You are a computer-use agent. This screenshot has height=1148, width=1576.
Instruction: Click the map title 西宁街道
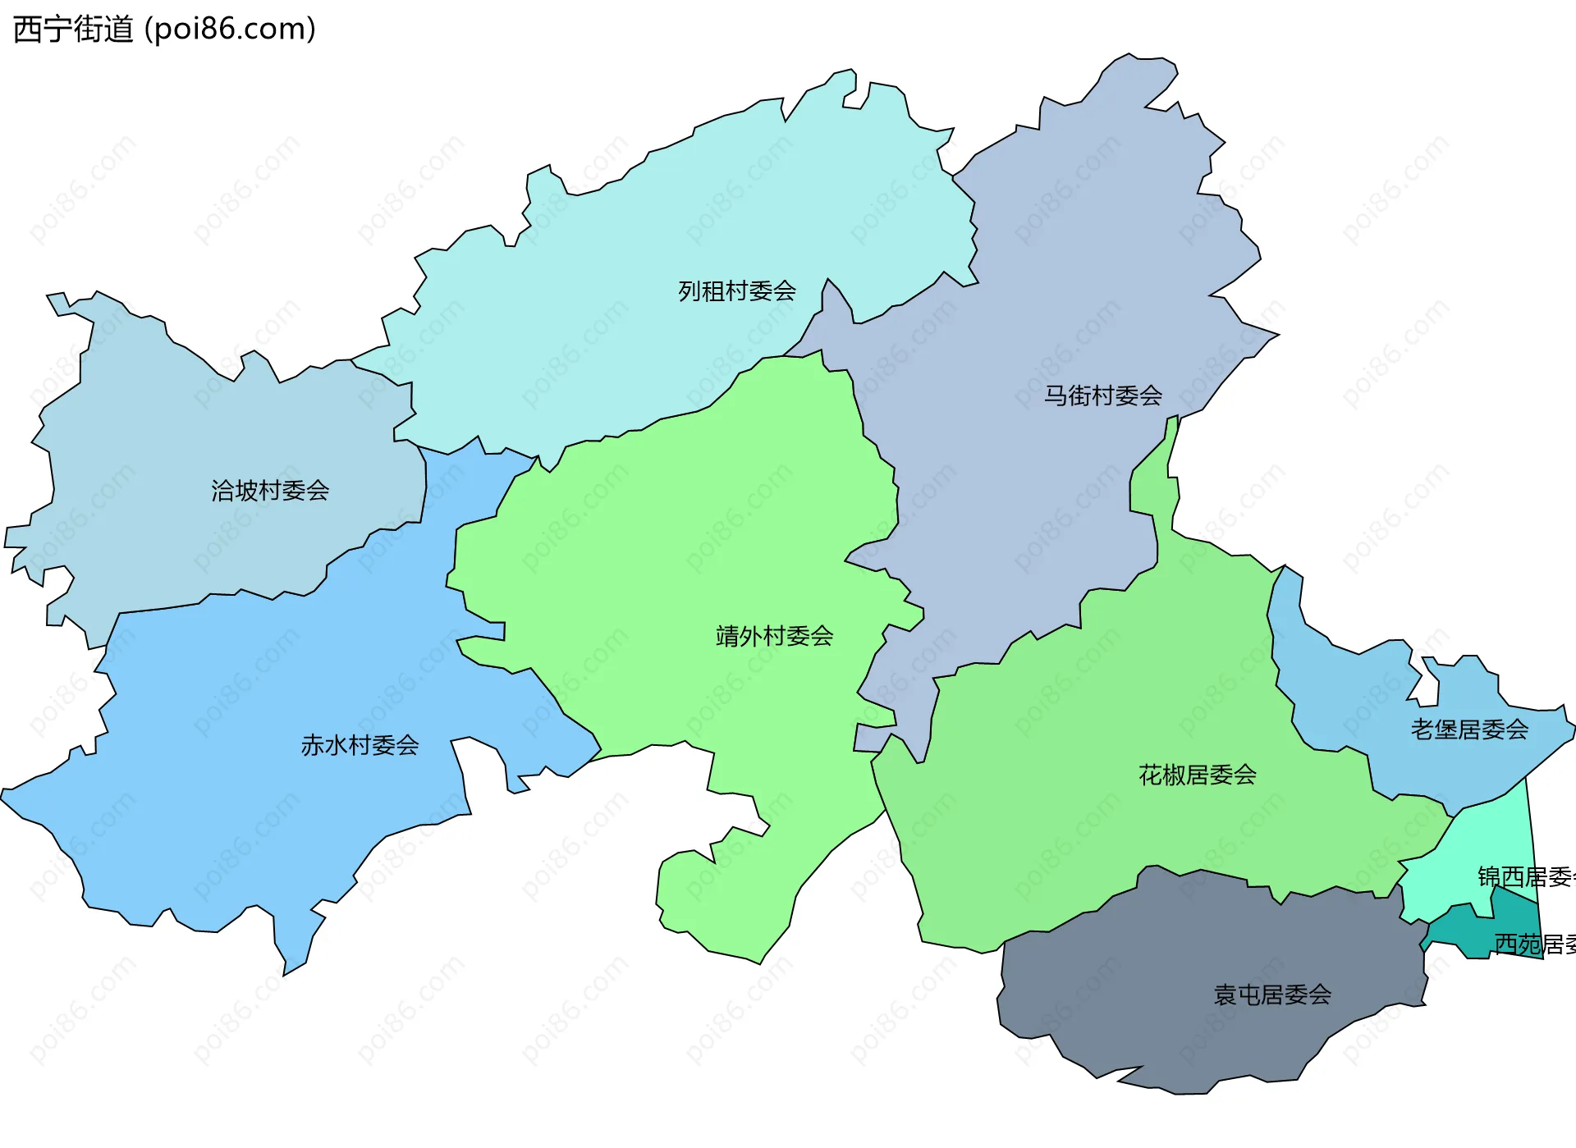(x=73, y=30)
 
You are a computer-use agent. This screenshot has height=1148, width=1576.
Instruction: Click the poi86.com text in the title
(x=230, y=30)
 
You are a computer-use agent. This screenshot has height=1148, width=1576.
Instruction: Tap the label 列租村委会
(x=736, y=291)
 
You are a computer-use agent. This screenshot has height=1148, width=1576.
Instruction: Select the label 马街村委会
(x=1102, y=396)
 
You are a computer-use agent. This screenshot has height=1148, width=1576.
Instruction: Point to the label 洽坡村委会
(x=270, y=492)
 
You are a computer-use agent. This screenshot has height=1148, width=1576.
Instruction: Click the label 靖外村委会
(x=774, y=637)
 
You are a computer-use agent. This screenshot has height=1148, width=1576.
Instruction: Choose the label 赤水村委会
(x=360, y=746)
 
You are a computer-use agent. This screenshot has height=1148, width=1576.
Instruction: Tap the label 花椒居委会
(x=1197, y=775)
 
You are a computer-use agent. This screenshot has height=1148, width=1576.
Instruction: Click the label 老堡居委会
(x=1469, y=730)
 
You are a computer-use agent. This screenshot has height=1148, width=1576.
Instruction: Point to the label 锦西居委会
(x=1525, y=877)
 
